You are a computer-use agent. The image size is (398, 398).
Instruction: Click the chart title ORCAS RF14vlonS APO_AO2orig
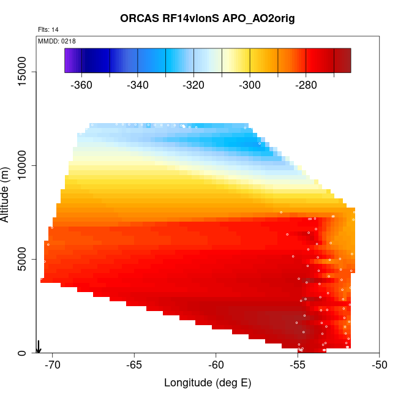(208, 18)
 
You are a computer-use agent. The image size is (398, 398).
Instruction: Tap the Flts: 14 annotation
(48, 29)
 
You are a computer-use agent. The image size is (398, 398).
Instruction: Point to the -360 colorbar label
(81, 85)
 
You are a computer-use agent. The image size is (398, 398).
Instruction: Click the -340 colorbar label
(138, 85)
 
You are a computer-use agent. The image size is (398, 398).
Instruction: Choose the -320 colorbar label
(194, 85)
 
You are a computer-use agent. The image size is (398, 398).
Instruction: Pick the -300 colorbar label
(250, 85)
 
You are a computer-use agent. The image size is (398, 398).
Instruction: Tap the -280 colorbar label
(306, 85)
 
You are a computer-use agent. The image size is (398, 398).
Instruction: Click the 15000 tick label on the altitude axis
(23, 72)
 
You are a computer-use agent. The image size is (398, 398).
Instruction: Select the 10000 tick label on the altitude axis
(23, 165)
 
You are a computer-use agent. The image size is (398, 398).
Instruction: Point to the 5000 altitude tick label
(23, 259)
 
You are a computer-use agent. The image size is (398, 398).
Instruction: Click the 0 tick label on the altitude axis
(23, 353)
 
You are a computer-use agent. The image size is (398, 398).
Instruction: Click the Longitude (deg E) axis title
(208, 383)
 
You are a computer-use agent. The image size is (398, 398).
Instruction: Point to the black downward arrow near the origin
(39, 347)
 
